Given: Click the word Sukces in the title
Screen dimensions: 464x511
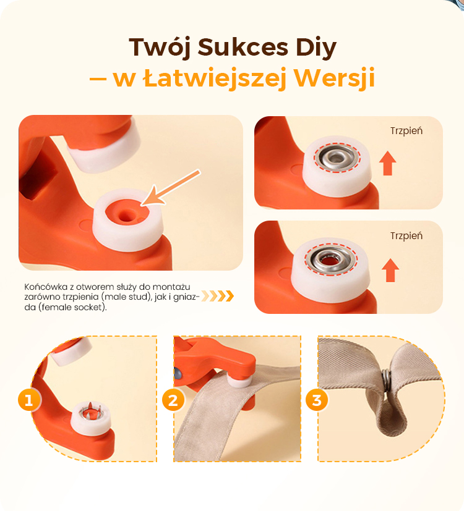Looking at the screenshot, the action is tap(243, 47).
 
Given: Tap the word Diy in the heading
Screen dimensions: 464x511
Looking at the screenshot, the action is tap(316, 48).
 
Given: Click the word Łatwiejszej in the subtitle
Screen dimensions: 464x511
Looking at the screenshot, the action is tap(215, 78).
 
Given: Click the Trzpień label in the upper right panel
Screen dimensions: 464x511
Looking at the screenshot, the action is tap(406, 130).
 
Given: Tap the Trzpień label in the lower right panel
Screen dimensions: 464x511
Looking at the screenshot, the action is tap(406, 235).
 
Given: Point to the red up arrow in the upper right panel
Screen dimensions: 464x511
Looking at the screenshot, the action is tap(388, 163).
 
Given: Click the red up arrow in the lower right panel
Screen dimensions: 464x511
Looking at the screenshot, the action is tap(390, 270).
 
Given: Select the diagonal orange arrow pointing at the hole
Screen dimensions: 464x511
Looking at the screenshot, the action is tap(171, 188).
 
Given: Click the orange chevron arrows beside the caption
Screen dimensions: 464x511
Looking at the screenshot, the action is tap(217, 296).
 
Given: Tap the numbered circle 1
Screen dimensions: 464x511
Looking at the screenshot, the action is tap(29, 400).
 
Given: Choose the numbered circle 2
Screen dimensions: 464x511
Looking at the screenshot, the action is tap(173, 400).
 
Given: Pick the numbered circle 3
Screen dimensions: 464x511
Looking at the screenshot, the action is tap(317, 400).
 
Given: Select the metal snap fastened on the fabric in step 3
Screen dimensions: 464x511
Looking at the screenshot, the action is tap(386, 381).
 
